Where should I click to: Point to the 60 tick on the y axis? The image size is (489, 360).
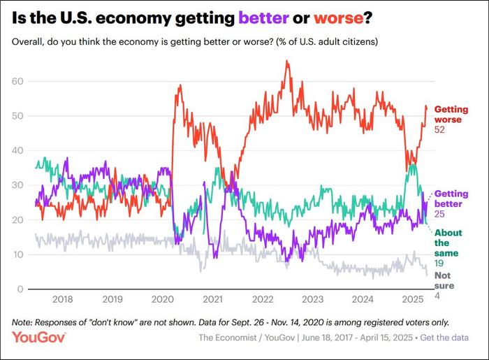click(x=19, y=81)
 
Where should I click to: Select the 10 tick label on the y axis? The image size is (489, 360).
click(x=19, y=255)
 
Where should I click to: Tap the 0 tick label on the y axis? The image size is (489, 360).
click(x=21, y=289)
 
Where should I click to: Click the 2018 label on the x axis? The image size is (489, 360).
click(x=63, y=299)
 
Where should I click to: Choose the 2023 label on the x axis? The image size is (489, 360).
click(x=312, y=299)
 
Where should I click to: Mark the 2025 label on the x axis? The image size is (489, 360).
click(x=411, y=299)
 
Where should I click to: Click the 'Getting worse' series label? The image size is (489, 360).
click(x=451, y=115)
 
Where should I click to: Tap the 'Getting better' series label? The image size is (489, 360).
click(x=451, y=199)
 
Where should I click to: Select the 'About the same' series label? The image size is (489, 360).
click(x=447, y=243)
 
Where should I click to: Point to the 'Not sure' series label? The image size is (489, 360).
click(x=443, y=280)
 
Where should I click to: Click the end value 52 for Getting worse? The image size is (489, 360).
click(x=440, y=131)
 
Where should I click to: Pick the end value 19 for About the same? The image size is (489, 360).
click(x=439, y=264)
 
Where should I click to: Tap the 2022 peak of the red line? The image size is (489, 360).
click(x=286, y=61)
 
